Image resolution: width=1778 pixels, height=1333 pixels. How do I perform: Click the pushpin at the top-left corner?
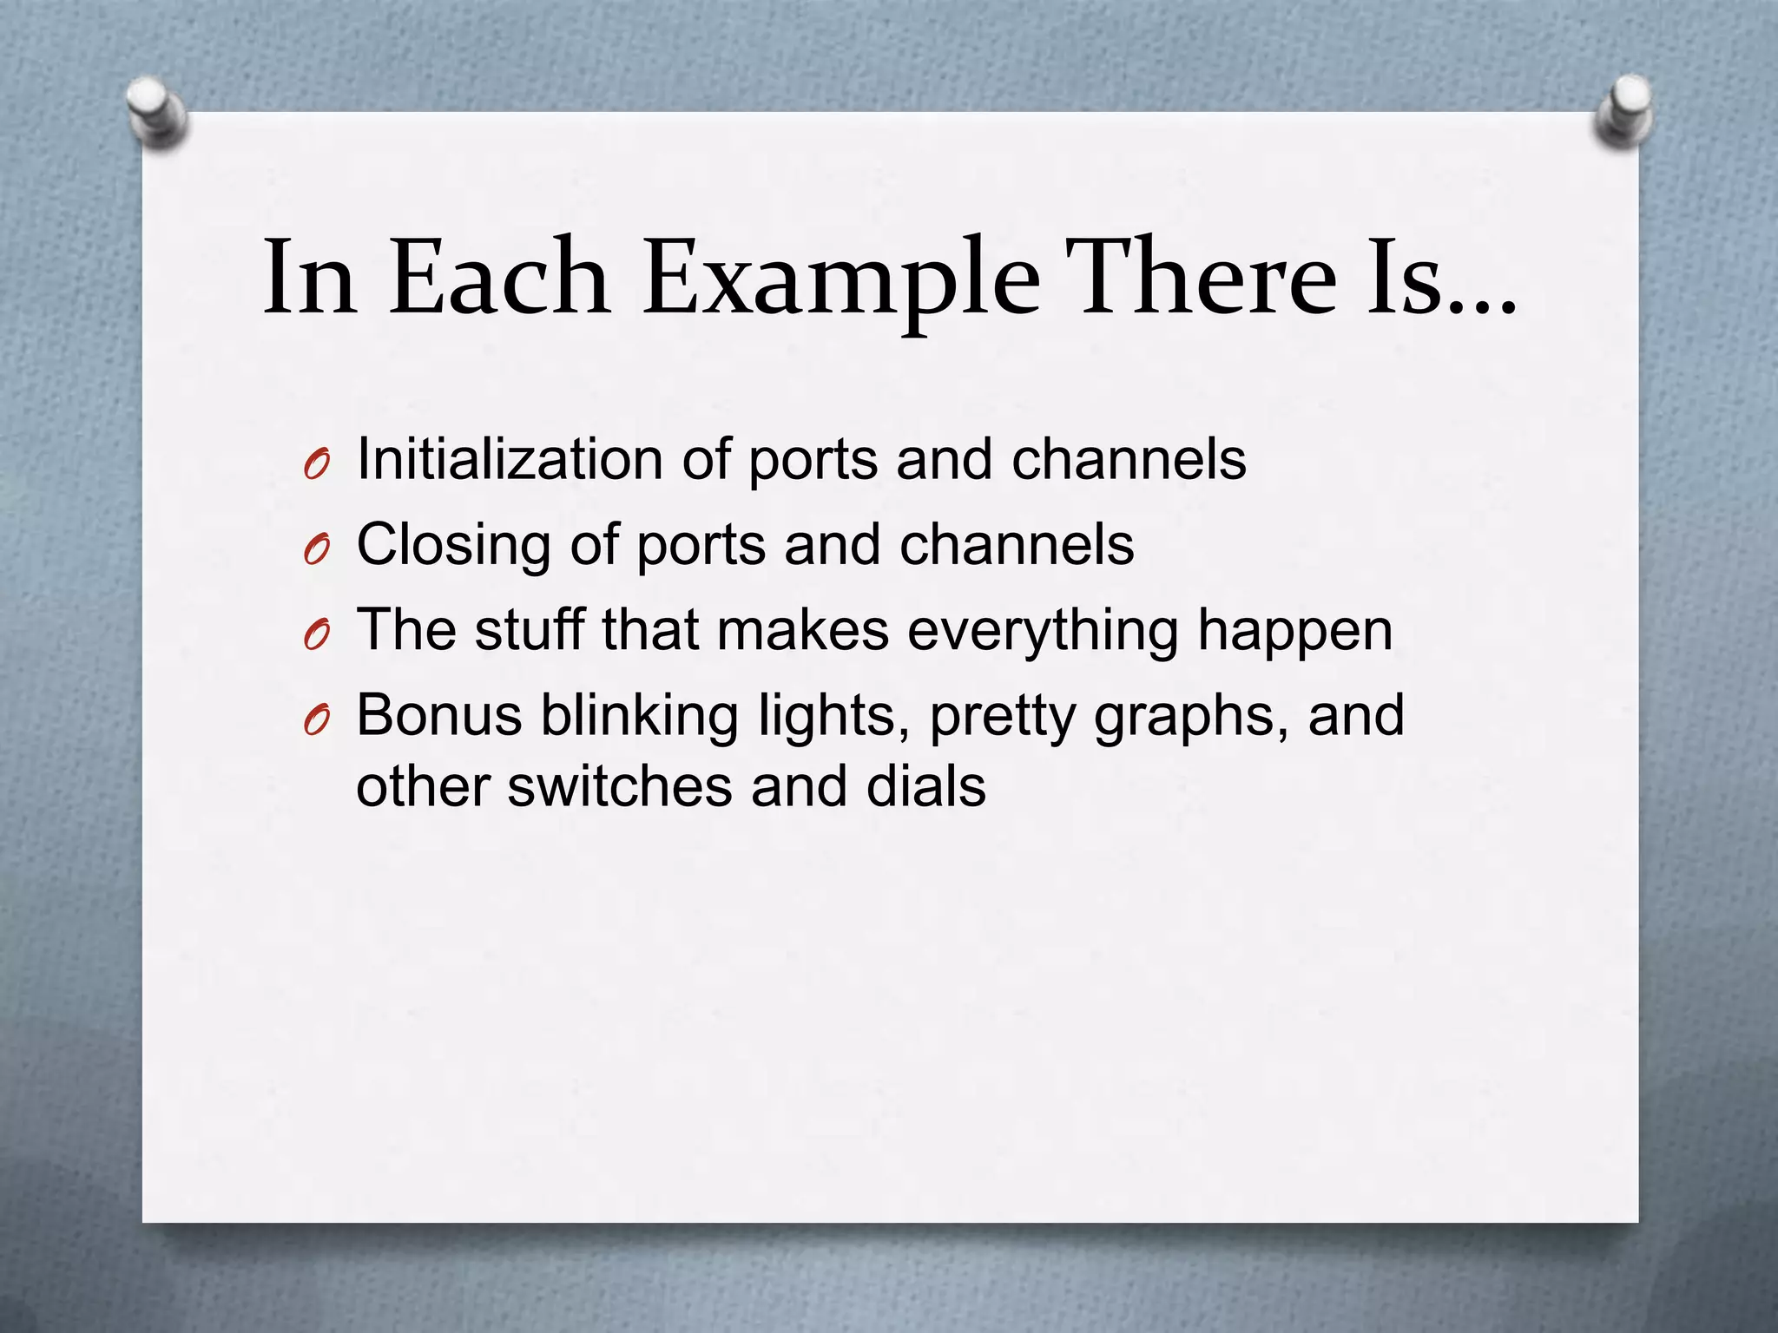tap(156, 113)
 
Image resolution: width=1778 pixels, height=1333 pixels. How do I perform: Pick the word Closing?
tap(454, 545)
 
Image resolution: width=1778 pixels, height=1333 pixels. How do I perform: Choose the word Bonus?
tap(439, 715)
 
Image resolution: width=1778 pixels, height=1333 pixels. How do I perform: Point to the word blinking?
tap(639, 717)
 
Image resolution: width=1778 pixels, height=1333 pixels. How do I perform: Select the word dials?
tap(925, 786)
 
